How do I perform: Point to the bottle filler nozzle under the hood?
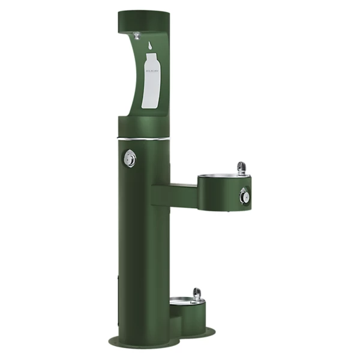(x=137, y=35)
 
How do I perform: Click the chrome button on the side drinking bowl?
(x=244, y=195)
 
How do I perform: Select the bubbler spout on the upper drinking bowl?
(x=241, y=167)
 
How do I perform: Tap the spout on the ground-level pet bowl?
(x=196, y=293)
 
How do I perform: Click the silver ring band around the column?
(x=144, y=138)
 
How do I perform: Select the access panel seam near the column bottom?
(x=119, y=300)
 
